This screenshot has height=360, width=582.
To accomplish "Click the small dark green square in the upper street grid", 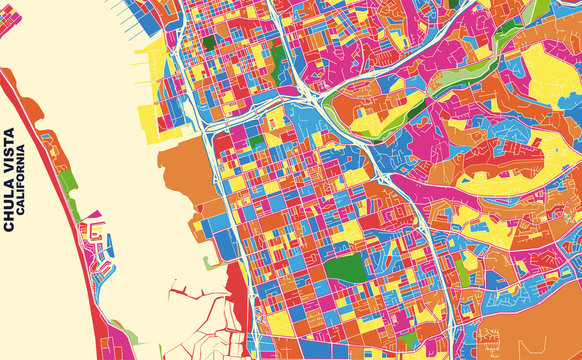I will (x=208, y=43).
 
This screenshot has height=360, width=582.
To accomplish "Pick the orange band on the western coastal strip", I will (x=55, y=150).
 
